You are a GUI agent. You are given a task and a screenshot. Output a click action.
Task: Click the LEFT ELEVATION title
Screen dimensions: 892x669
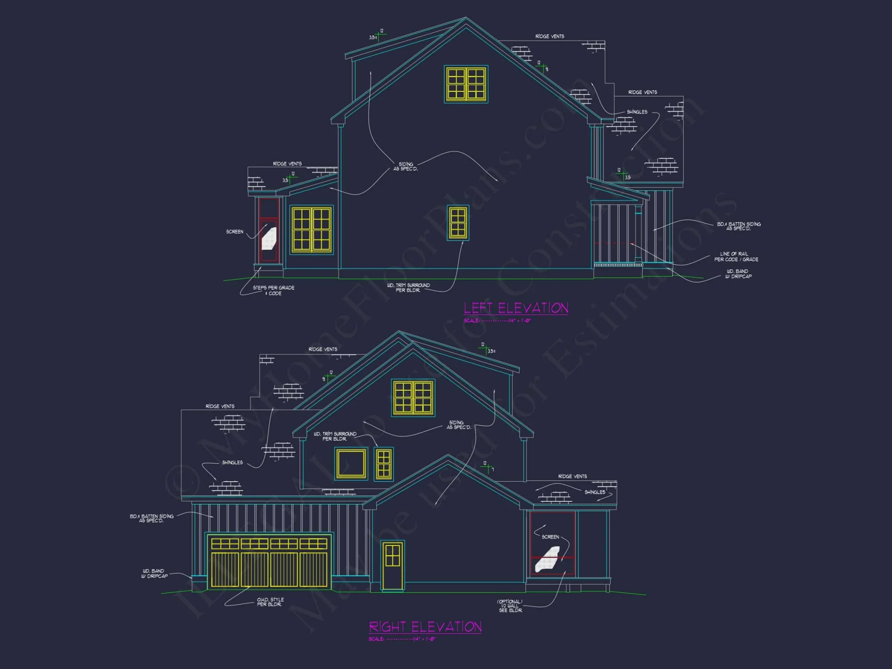pos(516,308)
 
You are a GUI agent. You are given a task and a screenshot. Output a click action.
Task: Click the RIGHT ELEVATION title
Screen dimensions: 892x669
pos(425,627)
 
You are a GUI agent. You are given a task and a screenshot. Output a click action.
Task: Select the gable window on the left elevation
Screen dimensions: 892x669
pos(466,84)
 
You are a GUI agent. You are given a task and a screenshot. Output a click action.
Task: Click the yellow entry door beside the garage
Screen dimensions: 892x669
pos(392,566)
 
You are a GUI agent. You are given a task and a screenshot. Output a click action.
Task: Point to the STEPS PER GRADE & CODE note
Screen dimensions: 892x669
pos(274,290)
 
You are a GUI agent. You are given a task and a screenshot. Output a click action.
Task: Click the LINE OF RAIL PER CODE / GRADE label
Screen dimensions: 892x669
pos(736,256)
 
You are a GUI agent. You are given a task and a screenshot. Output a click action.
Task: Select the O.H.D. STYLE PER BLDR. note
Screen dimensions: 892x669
pos(270,602)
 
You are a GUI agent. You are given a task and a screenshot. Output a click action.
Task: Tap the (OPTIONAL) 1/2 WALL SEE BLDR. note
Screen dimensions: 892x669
pos(510,606)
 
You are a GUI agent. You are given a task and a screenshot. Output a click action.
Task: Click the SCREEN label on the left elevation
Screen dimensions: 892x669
pos(235,232)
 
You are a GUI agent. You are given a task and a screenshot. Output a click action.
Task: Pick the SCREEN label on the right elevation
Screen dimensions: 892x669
pos(550,537)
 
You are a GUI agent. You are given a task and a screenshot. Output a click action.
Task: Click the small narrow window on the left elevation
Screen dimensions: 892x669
pos(458,223)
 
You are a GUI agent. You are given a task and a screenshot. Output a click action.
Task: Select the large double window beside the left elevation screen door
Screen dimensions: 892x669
pos(311,229)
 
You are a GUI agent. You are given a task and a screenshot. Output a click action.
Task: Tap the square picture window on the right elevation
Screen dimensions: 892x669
pos(351,464)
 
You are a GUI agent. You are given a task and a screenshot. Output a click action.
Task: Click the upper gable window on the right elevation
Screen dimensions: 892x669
pos(413,397)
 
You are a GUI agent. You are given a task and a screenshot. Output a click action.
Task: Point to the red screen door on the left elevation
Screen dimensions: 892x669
pos(269,231)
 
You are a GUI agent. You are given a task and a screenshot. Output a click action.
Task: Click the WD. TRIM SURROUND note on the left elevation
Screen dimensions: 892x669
pos(408,288)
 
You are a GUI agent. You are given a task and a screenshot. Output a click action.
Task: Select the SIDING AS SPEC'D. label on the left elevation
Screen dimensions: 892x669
pos(405,166)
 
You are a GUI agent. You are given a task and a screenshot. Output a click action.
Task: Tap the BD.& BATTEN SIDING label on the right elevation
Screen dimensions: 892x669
pos(152,518)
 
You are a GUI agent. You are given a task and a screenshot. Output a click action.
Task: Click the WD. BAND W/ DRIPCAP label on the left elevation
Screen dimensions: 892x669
pos(738,274)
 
